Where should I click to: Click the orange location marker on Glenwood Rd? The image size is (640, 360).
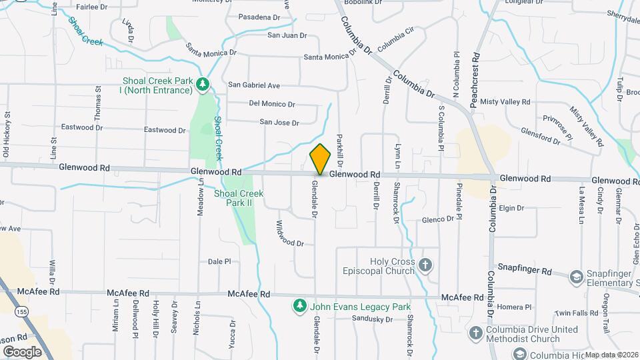click(321, 159)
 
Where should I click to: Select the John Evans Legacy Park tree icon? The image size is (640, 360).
click(300, 306)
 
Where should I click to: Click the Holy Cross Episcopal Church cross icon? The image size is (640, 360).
click(425, 266)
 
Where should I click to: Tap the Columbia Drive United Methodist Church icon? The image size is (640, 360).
click(475, 333)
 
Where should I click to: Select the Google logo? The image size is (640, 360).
click(22, 351)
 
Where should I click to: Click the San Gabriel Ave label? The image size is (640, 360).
click(254, 85)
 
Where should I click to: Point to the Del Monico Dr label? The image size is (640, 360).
click(271, 104)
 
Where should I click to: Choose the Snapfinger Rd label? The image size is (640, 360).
click(528, 271)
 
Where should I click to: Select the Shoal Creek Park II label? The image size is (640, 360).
click(239, 198)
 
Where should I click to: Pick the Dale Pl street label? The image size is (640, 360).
click(219, 262)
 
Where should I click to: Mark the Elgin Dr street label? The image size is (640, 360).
click(511, 208)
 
